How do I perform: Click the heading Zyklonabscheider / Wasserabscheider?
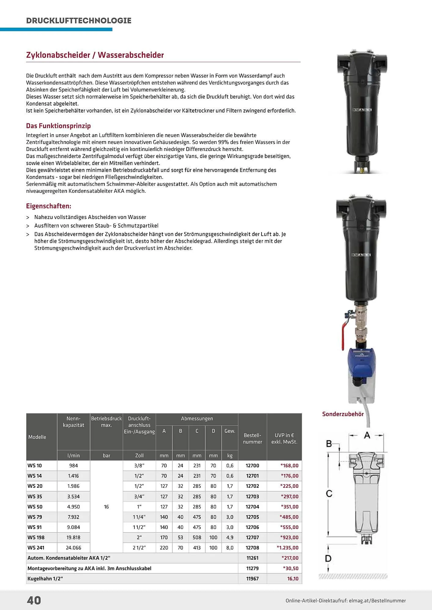pos(95,55)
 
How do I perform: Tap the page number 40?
pos(34,600)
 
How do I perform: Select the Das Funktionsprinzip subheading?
pos(58,126)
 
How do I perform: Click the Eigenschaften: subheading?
pos(49,206)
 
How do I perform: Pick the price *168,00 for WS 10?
pos(289,465)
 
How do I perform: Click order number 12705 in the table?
pos(252,517)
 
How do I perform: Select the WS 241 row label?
pos(36,547)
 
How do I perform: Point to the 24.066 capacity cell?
pos(73,547)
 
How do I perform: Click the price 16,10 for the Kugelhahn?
pos(293,579)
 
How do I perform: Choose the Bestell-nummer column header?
pos(252,438)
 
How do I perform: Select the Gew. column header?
pos(230,431)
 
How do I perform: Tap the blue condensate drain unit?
pos(361,358)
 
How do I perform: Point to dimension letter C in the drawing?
pos(329,493)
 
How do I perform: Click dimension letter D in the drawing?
pos(328,558)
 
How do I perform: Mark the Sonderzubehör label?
pos(343,414)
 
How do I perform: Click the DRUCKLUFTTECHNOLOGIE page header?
pos(79,20)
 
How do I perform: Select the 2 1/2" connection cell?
pos(139,547)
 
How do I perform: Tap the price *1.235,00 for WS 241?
pos(287,547)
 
